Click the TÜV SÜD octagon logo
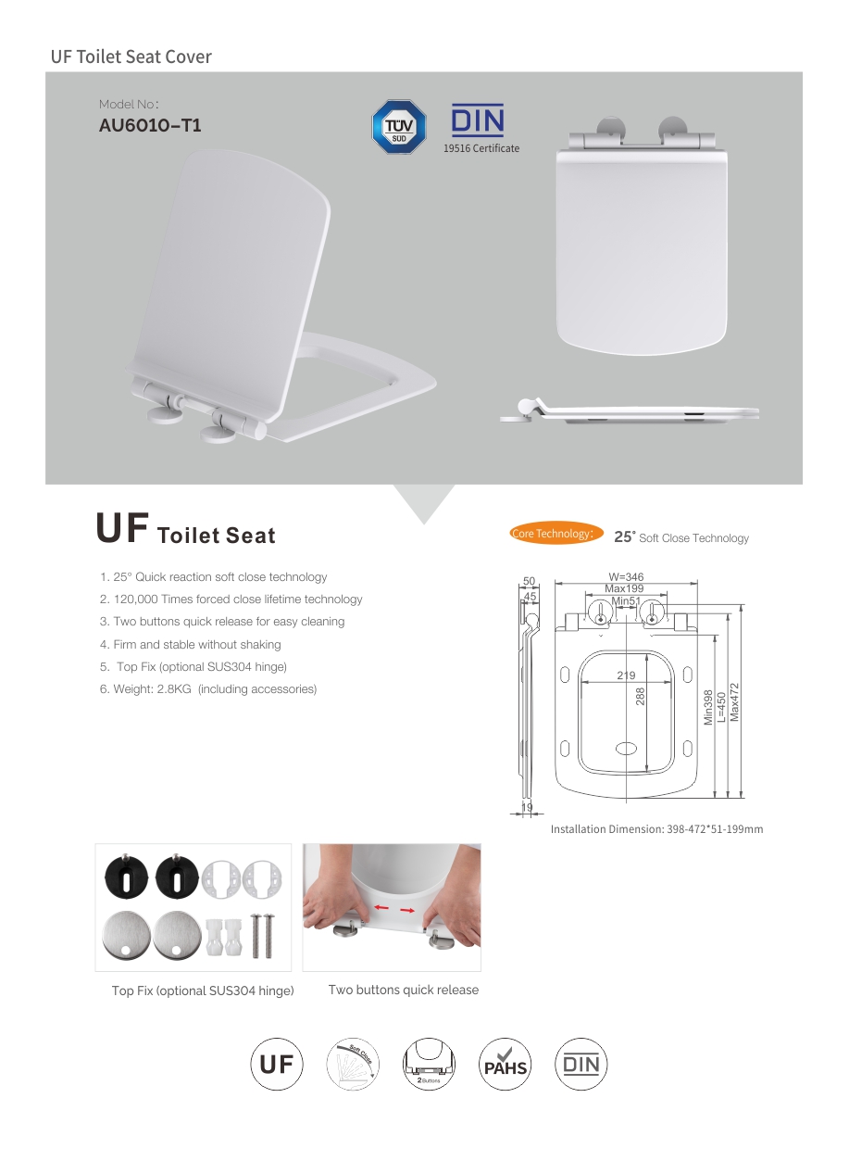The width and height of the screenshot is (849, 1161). [399, 127]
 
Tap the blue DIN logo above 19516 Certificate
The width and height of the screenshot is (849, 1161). [478, 120]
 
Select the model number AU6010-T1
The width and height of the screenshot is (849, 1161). [150, 125]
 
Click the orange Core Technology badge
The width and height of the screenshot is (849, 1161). [556, 534]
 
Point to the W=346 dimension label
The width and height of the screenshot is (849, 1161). [626, 577]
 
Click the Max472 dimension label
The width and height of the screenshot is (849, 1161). [734, 701]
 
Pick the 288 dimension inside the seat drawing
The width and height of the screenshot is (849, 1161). [641, 696]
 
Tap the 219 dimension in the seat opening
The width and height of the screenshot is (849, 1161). [626, 675]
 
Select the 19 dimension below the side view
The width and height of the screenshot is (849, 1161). [527, 807]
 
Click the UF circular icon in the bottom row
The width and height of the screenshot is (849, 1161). [277, 1064]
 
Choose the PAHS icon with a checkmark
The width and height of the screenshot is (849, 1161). [505, 1064]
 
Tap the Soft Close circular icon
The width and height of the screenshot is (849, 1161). [353, 1064]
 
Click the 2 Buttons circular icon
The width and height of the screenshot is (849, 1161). [429, 1064]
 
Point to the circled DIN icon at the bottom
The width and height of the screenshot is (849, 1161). [581, 1064]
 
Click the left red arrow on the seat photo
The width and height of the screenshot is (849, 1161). [381, 907]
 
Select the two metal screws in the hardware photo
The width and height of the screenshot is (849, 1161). [263, 936]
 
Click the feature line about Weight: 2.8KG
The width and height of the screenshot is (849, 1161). [207, 688]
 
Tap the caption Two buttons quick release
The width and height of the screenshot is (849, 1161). [404, 990]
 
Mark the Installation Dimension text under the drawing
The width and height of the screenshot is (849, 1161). [656, 828]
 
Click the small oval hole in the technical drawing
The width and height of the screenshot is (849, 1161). [626, 749]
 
